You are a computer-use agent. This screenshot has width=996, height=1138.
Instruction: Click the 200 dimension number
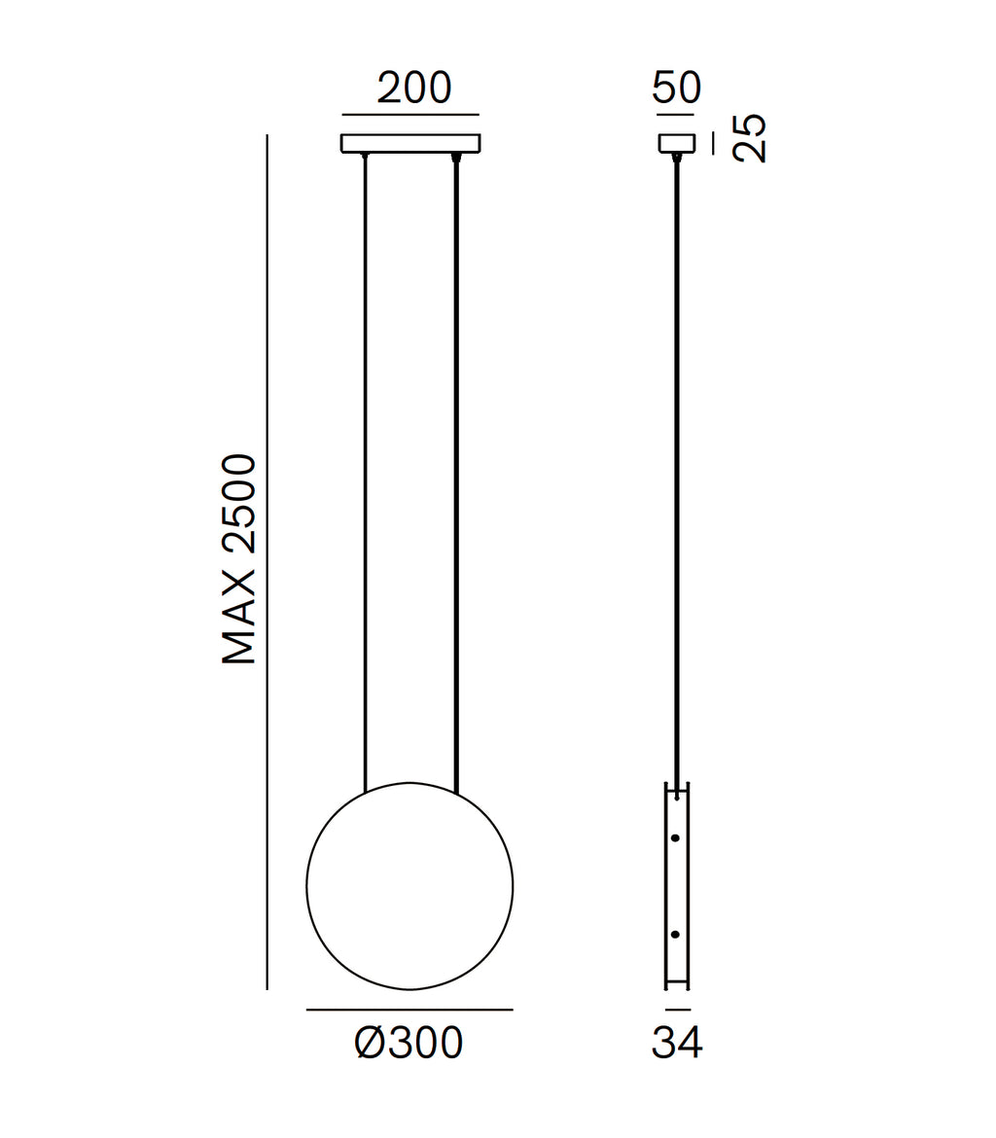tap(414, 88)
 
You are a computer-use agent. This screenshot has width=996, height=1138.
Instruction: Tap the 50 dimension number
tap(677, 88)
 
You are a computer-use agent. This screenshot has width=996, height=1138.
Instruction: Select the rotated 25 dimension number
tap(749, 138)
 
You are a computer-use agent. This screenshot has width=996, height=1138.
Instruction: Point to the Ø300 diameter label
tap(409, 1044)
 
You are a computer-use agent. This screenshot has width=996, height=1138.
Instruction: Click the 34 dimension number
tap(677, 1044)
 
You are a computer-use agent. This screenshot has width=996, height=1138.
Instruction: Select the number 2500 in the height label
tap(239, 504)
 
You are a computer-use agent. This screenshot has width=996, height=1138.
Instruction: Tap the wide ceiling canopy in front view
tap(410, 144)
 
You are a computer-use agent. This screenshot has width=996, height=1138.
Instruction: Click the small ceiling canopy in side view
tap(677, 143)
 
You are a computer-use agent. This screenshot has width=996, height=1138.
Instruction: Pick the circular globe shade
tap(409, 886)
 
